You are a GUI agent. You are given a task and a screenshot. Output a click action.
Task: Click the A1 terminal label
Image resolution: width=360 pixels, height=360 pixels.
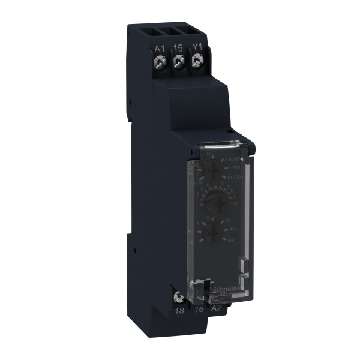(159, 49)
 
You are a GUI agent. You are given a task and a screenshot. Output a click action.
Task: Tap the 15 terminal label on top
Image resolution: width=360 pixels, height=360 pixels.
(178, 49)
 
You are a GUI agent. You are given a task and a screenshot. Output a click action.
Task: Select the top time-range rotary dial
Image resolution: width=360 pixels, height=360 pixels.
(211, 170)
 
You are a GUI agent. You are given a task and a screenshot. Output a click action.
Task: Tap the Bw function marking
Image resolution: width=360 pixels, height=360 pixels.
(231, 241)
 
